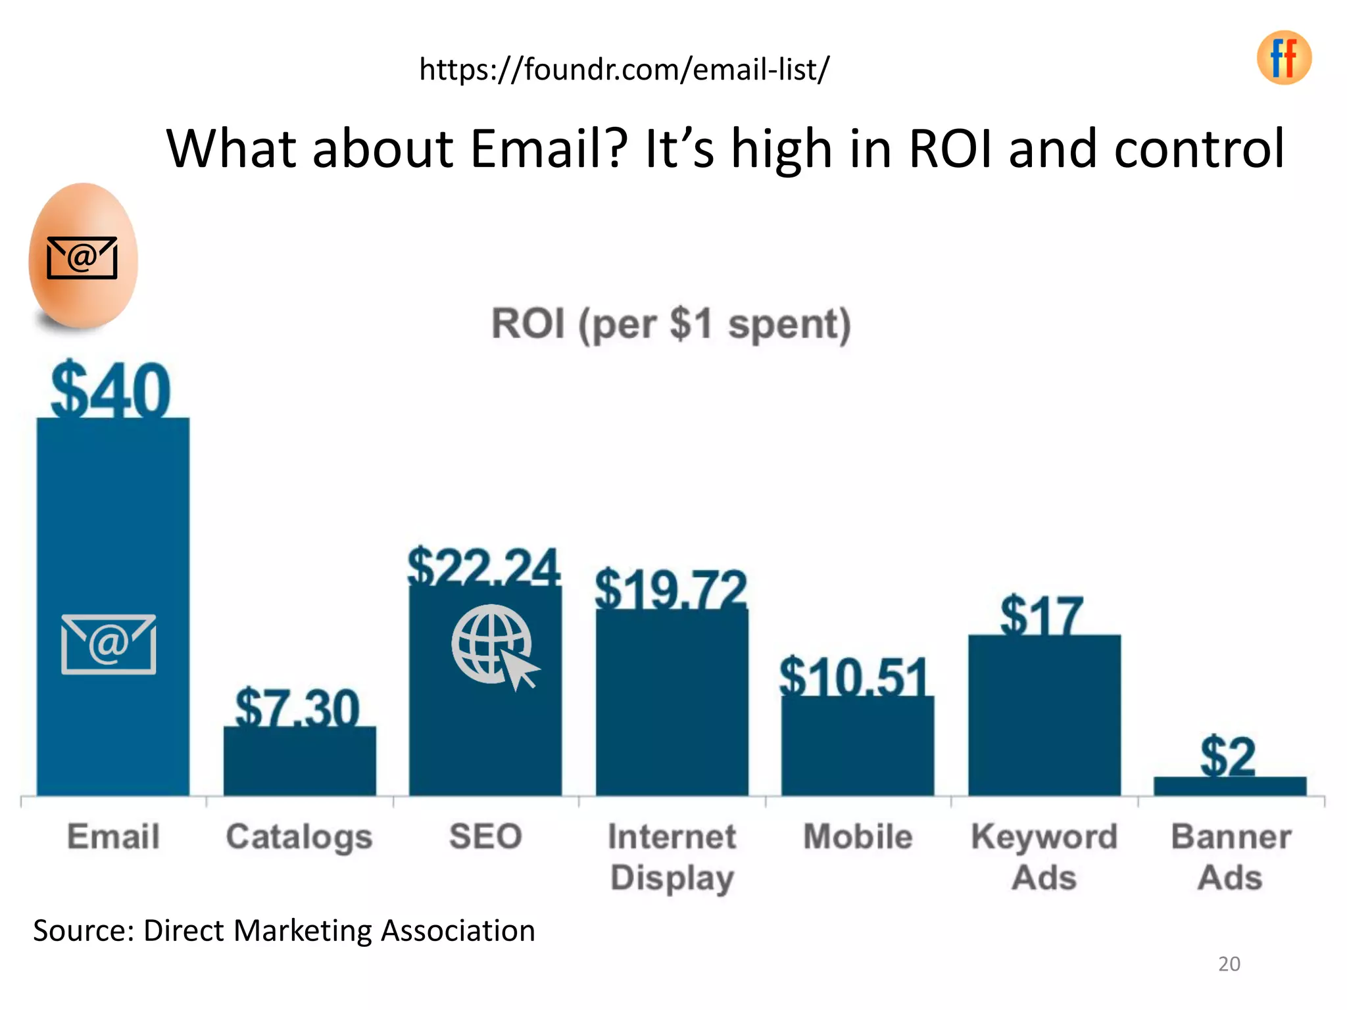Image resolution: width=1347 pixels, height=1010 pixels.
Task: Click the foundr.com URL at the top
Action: [x=624, y=69]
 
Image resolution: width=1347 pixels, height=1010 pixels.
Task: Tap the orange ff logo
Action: [x=1284, y=58]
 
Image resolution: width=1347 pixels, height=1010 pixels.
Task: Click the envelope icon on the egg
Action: [x=82, y=258]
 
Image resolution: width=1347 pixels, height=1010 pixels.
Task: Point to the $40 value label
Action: [x=110, y=391]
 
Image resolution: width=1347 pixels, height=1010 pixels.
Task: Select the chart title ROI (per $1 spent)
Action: [x=671, y=324]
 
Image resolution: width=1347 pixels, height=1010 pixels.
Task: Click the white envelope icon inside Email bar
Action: [x=109, y=644]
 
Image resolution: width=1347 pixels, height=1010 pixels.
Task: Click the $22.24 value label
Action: [x=483, y=566]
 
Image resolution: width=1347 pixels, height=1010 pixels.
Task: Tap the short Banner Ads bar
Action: [x=1230, y=786]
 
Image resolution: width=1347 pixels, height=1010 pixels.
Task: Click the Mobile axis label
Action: [x=858, y=837]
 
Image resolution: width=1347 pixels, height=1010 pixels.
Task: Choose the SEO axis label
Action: [x=485, y=837]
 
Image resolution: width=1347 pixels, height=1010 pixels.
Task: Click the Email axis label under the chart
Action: [x=113, y=837]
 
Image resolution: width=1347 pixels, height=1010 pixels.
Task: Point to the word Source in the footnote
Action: [x=84, y=931]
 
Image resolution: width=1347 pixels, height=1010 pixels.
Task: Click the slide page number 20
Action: [x=1229, y=964]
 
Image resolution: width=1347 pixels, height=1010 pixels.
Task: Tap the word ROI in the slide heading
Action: [x=951, y=149]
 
